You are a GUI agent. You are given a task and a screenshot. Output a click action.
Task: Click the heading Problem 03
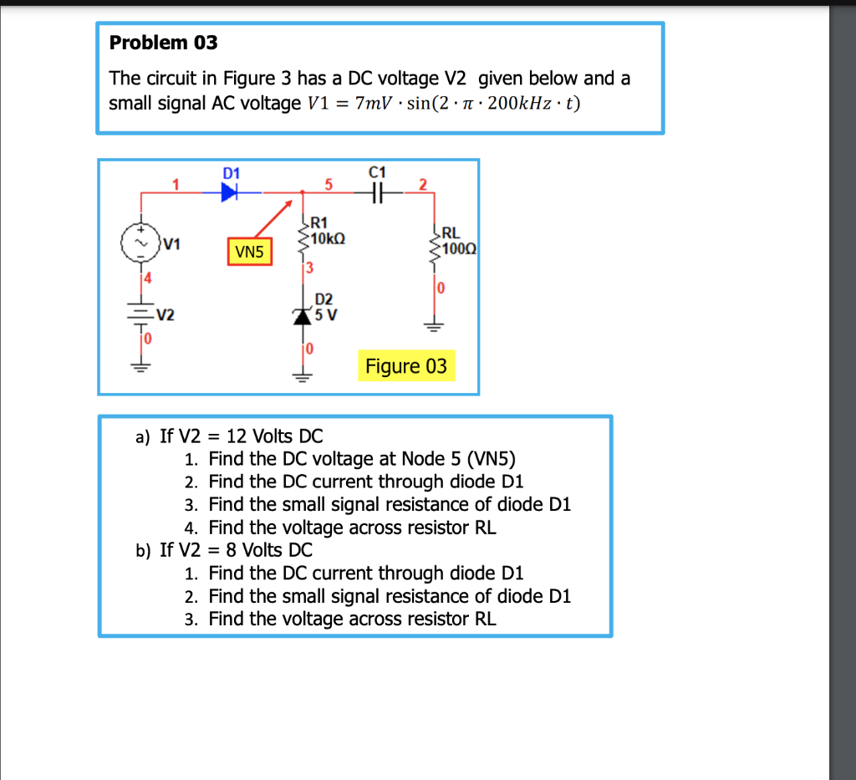pyautogui.click(x=164, y=42)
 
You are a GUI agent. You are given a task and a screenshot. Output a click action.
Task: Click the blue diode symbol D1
pyautogui.click(x=230, y=192)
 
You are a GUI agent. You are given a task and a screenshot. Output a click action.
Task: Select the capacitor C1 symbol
pyautogui.click(x=377, y=192)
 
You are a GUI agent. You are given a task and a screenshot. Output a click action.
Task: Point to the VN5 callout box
pyautogui.click(x=250, y=250)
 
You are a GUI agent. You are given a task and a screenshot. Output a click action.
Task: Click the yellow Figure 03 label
pyautogui.click(x=406, y=366)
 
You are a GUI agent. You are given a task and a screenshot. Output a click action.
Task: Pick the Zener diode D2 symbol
pyautogui.click(x=302, y=315)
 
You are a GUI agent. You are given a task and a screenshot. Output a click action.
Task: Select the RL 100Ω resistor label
pyautogui.click(x=456, y=242)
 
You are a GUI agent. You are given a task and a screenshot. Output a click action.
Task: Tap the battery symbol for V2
pyautogui.click(x=140, y=315)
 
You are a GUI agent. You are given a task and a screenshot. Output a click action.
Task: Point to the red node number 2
pyautogui.click(x=423, y=184)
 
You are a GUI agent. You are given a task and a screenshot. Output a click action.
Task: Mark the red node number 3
pyautogui.click(x=308, y=268)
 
